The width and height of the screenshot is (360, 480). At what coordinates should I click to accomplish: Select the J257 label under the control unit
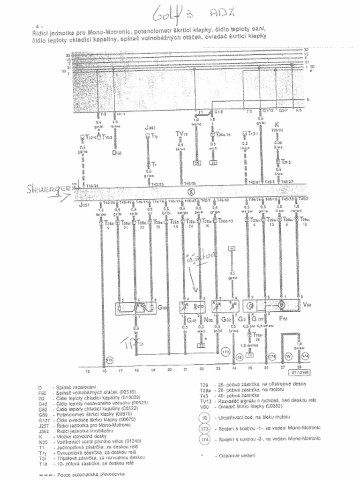[84, 205]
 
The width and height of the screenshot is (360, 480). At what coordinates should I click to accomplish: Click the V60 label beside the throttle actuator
[307, 305]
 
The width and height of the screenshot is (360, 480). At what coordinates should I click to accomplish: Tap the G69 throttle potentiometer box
[135, 308]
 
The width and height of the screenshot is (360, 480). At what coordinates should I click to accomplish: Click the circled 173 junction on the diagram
[225, 351]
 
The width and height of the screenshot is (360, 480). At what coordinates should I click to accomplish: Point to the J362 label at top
[150, 127]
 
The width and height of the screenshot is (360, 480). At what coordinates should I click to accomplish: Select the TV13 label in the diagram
[181, 134]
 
